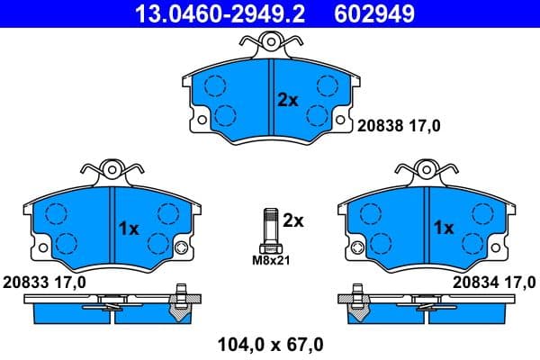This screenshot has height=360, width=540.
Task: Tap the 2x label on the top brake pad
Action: [287, 100]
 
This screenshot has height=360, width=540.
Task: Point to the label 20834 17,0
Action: [494, 283]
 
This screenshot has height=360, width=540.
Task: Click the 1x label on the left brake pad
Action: [129, 229]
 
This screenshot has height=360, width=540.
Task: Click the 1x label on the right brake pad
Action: [444, 229]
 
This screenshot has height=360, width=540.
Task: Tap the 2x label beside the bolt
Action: [294, 220]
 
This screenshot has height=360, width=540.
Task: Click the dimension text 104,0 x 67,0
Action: [271, 343]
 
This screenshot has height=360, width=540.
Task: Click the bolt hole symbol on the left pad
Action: [181, 248]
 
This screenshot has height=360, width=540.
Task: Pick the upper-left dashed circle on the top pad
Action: [214, 85]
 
